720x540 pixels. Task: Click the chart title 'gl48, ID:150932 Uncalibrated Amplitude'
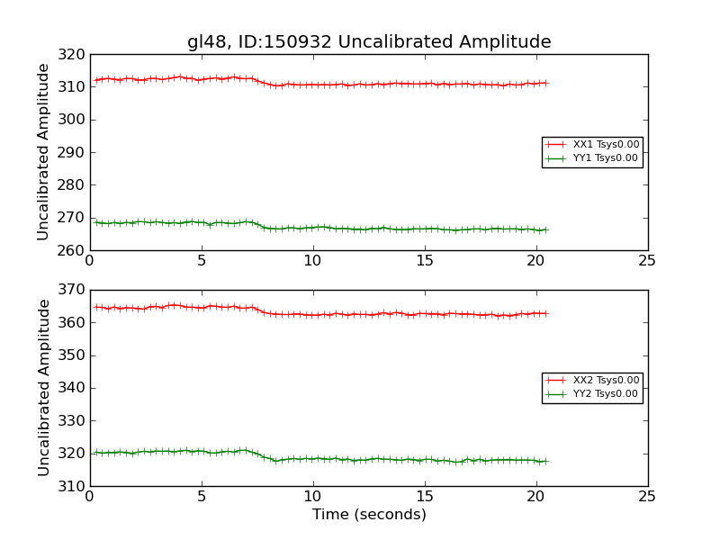pos(369,41)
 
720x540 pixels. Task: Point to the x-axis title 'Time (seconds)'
pos(369,515)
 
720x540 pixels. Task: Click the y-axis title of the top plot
pos(43,152)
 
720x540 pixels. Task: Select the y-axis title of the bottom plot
pos(43,388)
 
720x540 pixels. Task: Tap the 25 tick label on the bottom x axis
pos(647,497)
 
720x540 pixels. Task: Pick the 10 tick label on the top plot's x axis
pos(312,261)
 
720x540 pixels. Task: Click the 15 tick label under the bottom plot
pos(424,497)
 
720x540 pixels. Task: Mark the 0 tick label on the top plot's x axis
pos(89,261)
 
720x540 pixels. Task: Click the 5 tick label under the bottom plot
pos(201,497)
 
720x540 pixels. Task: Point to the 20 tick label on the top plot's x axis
pos(535,261)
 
